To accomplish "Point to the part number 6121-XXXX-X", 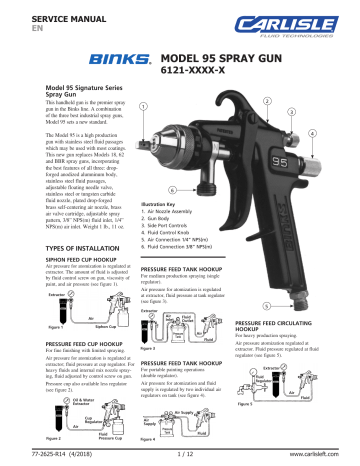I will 196,76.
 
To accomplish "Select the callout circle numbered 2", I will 264,101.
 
